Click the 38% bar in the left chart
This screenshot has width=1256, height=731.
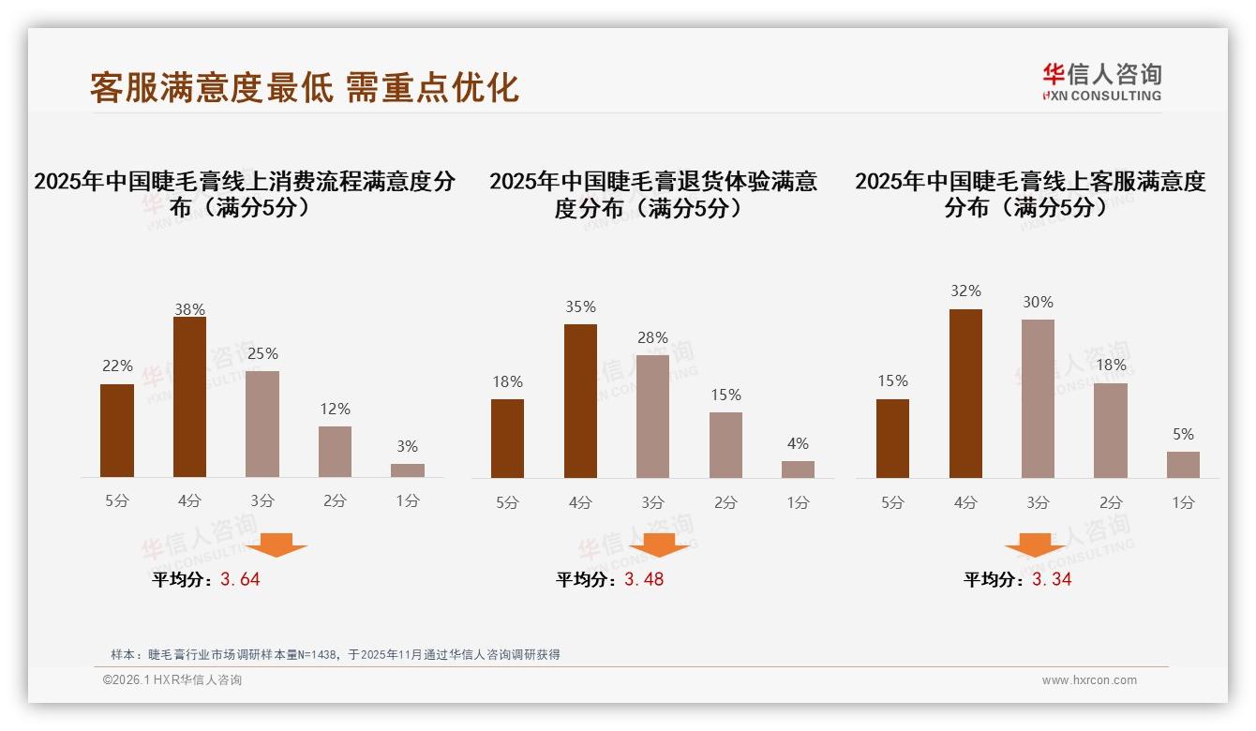[189, 397]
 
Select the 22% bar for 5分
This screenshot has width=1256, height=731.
[117, 430]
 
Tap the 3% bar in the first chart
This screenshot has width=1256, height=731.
[408, 470]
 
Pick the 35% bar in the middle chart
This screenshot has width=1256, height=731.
[580, 401]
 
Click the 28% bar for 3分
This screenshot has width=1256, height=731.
[652, 416]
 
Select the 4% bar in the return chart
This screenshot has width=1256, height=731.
[798, 469]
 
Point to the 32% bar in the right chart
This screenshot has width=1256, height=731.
[965, 394]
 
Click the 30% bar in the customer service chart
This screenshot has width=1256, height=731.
[1038, 398]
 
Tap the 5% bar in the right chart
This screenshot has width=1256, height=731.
[1183, 465]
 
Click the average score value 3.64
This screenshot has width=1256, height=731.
[240, 579]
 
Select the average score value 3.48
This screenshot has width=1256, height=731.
[644, 579]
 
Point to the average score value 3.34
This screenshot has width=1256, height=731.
[1052, 579]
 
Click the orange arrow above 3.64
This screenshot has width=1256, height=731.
[276, 545]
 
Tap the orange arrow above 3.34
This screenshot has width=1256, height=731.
[1035, 545]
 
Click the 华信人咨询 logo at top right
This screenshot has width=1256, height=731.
[1101, 82]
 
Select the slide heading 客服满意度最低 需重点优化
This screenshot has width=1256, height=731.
[305, 87]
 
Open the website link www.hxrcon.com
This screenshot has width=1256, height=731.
[1089, 680]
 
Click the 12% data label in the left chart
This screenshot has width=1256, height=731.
[335, 409]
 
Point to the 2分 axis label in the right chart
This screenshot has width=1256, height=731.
[1111, 502]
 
